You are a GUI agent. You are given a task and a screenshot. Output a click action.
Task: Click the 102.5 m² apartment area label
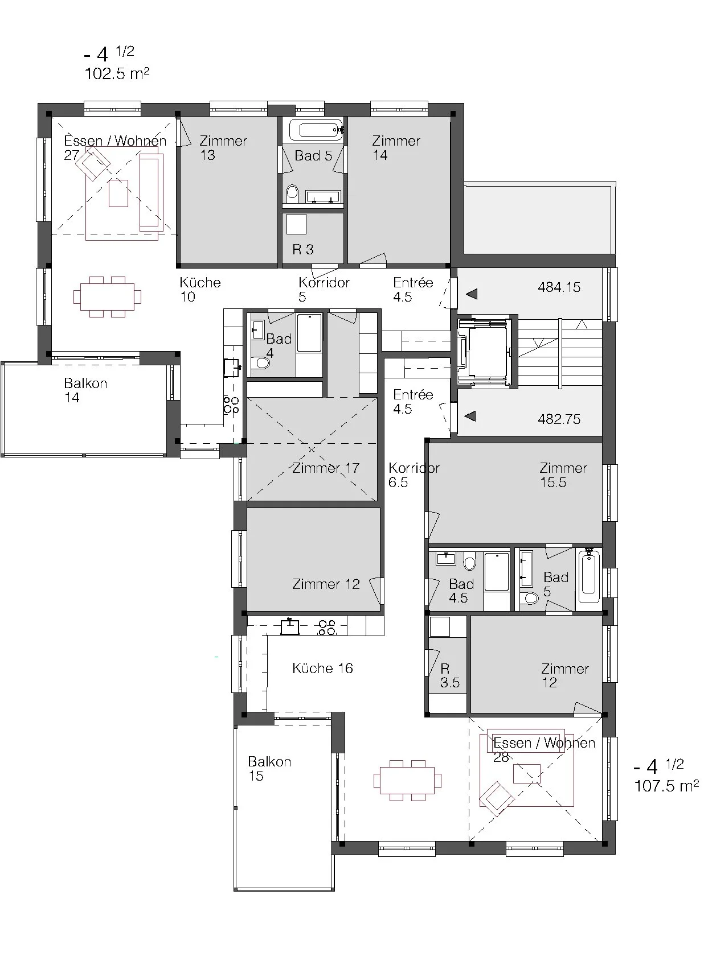tap(117, 74)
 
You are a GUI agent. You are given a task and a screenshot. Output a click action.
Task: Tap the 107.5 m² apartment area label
tap(666, 786)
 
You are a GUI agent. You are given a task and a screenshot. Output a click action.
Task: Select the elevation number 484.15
tap(559, 287)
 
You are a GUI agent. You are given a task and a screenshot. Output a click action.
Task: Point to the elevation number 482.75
tap(559, 419)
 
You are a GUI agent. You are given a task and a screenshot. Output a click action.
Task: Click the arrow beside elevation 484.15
tap(472, 294)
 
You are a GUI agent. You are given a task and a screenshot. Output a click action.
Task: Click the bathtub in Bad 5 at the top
tap(316, 130)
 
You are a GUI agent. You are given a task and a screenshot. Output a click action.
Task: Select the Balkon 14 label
tap(85, 390)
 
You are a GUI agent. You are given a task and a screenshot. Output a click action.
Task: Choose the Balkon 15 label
tap(269, 768)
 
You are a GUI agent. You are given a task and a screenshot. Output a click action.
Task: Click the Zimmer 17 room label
tap(326, 468)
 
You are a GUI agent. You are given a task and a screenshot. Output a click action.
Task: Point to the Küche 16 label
tap(322, 668)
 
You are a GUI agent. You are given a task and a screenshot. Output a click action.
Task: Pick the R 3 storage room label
tap(303, 249)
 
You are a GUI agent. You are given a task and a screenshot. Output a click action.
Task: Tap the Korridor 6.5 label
tap(414, 475)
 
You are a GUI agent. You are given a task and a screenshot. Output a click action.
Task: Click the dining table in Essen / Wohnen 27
tap(107, 297)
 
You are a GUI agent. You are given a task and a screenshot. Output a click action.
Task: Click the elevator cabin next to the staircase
tap(488, 352)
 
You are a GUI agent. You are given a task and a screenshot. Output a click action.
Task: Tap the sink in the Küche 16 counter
tap(289, 627)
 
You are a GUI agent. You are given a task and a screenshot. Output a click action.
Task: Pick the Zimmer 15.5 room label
tap(563, 475)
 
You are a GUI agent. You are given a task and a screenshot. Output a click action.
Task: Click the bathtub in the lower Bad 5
tap(590, 578)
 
